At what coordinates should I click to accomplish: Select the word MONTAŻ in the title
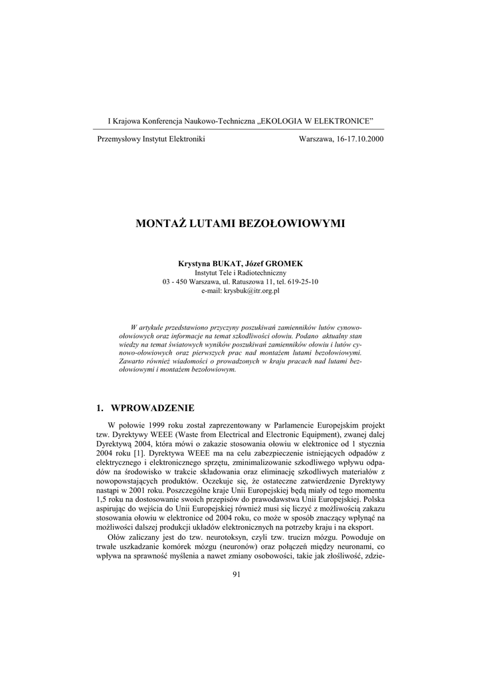[x=161, y=223]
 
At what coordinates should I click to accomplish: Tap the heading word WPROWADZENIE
[x=151, y=407]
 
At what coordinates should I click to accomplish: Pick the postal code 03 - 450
[x=173, y=282]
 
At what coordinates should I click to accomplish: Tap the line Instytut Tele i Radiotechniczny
[x=241, y=273]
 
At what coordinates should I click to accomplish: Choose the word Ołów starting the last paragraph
[x=118, y=535]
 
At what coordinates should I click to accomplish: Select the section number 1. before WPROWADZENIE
[x=101, y=407]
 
